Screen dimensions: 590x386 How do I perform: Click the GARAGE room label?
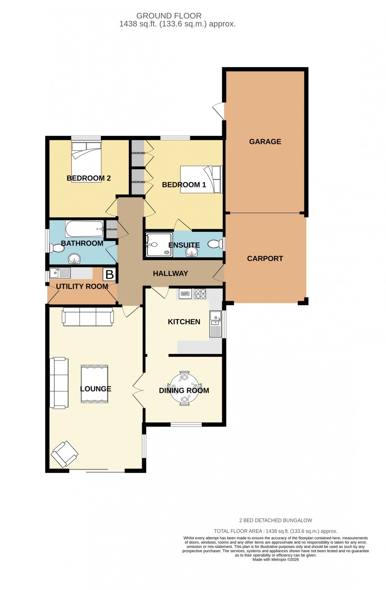coord(265,142)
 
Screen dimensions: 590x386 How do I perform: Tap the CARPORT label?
coord(265,259)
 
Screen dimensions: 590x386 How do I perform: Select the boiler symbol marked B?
coord(109,274)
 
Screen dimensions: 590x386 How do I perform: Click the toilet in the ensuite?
coord(215,244)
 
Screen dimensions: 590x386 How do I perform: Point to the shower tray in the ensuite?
coord(159,244)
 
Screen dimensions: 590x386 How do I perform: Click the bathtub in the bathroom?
coord(84,229)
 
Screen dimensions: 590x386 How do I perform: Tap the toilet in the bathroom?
coord(57,248)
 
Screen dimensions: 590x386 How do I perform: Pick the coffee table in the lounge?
coord(95,384)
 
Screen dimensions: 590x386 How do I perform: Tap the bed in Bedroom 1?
coord(201,179)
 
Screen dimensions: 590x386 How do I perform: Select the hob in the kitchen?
coord(200,294)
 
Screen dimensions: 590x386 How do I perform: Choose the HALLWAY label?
coord(171,274)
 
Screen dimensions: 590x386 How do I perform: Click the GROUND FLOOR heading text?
coord(169,16)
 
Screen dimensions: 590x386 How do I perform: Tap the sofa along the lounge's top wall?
coord(88,317)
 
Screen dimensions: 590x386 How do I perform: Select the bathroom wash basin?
coord(74,259)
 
